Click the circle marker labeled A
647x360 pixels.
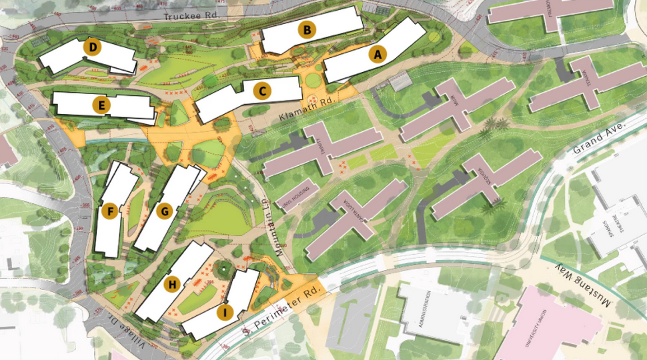pyautogui.click(x=378, y=55)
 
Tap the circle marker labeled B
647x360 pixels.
pyautogui.click(x=306, y=29)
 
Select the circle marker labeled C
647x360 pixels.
pyautogui.click(x=263, y=91)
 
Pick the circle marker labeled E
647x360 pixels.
pyautogui.click(x=102, y=105)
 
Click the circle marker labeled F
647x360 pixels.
pyautogui.click(x=111, y=211)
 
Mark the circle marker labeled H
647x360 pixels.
pyautogui.click(x=172, y=284)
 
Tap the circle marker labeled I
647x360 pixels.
pyautogui.click(x=225, y=311)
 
